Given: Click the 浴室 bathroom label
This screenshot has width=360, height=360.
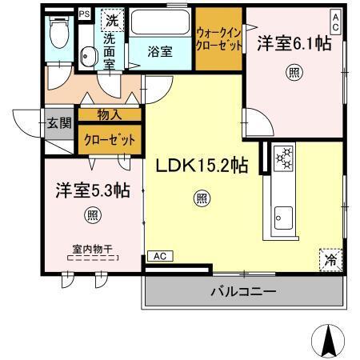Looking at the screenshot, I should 160,51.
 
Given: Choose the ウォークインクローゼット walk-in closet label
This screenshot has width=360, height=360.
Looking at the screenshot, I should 218,38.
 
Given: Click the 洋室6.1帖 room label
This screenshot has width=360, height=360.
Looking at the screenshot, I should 294,44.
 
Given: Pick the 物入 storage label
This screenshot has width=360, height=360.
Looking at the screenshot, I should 110,115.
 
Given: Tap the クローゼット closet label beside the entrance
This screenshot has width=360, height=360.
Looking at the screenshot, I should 110,138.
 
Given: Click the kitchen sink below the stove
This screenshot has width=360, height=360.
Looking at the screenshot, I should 283,214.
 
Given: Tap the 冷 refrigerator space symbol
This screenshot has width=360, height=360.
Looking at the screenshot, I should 330,258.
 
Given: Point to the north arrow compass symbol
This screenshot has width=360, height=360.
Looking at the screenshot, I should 329,342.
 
